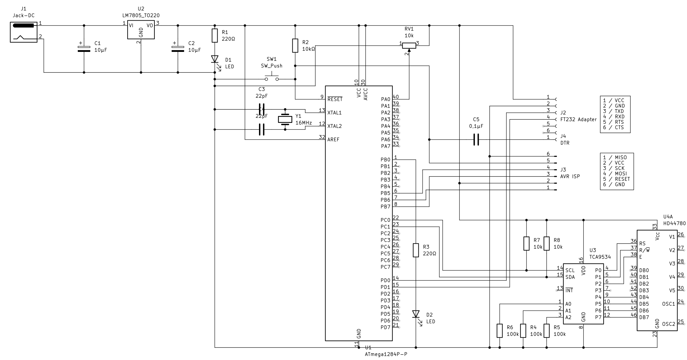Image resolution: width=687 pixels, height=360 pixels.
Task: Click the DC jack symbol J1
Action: pos(24,32)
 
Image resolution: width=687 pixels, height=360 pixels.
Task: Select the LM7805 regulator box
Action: pos(141,30)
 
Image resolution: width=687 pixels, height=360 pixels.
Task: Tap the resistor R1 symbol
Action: pos(215,35)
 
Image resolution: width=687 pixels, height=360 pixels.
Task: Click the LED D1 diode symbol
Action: pos(215,59)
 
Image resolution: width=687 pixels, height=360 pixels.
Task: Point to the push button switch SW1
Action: pos(272,78)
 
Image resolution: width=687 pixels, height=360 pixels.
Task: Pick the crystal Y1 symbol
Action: pos(285,119)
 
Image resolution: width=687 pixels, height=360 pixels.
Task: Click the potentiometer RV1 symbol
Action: pos(409,45)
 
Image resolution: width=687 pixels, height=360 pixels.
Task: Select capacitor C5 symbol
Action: pos(476,139)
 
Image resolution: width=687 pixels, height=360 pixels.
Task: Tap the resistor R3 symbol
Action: pos(416,250)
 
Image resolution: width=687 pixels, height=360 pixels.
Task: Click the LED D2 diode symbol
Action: pos(416,314)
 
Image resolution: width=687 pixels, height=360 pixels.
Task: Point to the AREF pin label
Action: pos(333,140)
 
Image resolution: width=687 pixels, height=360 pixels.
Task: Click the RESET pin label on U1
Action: pos(335,99)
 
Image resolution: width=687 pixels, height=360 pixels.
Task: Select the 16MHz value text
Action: pos(304,123)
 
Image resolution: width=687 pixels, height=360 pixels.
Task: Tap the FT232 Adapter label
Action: pos(579,120)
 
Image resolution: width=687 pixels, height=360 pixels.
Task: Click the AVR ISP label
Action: pos(570,176)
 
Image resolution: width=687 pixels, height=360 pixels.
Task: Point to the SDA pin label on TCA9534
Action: pos(570,277)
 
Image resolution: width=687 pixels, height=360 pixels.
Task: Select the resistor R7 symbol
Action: pos(527,243)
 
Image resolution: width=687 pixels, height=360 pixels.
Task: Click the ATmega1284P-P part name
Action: pos(386,354)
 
